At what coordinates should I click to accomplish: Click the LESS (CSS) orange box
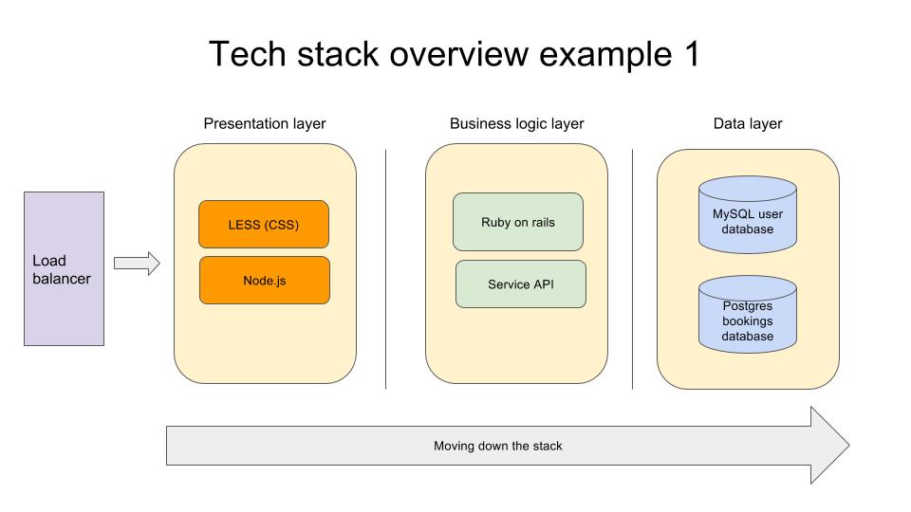click(x=264, y=225)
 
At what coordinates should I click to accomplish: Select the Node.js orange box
click(x=265, y=281)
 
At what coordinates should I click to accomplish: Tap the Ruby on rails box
click(x=518, y=222)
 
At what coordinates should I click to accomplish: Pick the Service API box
click(x=521, y=283)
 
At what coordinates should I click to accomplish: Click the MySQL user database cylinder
click(x=747, y=215)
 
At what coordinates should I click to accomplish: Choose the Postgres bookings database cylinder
click(x=747, y=314)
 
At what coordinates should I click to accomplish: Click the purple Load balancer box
click(x=64, y=268)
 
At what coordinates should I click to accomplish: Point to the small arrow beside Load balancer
click(x=137, y=264)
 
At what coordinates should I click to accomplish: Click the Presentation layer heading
click(x=265, y=123)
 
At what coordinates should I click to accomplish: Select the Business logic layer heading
click(x=516, y=123)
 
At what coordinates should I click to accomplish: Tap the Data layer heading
click(x=748, y=123)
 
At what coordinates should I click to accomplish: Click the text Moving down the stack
click(x=498, y=446)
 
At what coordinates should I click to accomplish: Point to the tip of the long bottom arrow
click(x=849, y=446)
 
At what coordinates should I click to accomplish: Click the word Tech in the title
click(x=248, y=54)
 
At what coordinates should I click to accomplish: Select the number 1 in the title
click(x=692, y=54)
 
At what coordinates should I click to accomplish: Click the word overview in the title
click(x=458, y=54)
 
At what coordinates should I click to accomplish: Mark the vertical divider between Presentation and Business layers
click(x=386, y=268)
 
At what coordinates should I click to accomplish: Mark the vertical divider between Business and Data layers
click(x=632, y=268)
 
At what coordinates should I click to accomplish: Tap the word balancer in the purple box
click(x=62, y=279)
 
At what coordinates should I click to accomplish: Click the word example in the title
click(x=606, y=56)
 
